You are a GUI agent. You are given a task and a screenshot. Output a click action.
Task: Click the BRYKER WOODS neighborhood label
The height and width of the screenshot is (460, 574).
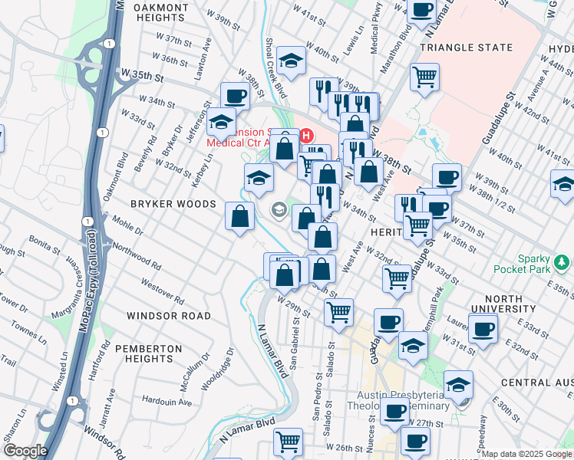[x=150, y=204]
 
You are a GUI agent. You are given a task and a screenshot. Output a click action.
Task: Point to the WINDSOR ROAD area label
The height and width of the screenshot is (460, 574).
[x=168, y=316]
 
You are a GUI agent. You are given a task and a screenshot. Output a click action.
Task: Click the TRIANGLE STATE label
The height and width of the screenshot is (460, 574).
[x=466, y=48]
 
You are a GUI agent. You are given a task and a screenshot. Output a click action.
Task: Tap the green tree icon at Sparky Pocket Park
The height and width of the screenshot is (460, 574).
[x=562, y=263]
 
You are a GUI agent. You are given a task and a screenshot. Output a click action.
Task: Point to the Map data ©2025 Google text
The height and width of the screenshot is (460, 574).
[x=526, y=454]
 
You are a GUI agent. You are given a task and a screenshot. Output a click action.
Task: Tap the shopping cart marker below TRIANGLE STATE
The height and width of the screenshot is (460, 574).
[x=424, y=77]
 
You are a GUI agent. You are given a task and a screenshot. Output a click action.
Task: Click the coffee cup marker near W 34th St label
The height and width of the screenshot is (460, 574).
[x=235, y=97]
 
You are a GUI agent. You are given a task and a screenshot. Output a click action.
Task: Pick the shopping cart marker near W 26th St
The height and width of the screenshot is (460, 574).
[x=288, y=441]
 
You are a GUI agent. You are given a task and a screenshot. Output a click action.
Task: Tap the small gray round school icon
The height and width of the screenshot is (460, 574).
[x=279, y=209]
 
